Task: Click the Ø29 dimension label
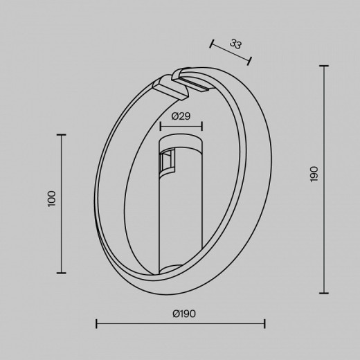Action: (x=181, y=116)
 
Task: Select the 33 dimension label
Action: (x=236, y=44)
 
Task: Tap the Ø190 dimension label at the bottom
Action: (x=184, y=314)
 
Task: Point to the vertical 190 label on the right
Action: (x=314, y=174)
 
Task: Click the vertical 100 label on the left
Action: (x=52, y=199)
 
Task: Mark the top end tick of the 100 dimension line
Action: (x=62, y=134)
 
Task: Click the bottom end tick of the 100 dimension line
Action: (x=62, y=273)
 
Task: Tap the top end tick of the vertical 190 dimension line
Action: (x=324, y=66)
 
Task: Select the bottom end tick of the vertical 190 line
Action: (x=324, y=293)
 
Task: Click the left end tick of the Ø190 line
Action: (x=96, y=323)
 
